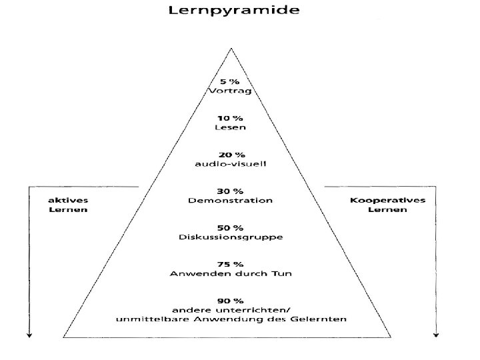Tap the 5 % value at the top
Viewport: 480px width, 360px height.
[231, 81]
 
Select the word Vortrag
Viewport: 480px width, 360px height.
[231, 91]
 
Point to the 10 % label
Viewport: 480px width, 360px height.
[231, 117]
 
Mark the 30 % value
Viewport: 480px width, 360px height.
[231, 189]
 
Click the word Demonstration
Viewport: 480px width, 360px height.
[231, 199]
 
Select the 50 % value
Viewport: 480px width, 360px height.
[231, 227]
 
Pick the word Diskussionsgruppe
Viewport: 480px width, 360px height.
[231, 237]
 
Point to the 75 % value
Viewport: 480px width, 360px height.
[231, 263]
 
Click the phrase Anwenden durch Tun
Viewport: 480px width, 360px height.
[231, 273]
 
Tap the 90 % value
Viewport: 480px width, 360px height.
[231, 301]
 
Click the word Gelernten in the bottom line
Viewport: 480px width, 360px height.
[321, 319]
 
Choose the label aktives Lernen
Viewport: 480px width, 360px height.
[68, 204]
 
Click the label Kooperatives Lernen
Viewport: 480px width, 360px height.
[388, 204]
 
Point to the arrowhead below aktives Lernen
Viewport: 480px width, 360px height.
[29, 335]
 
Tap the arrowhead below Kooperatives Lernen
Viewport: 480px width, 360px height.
[436, 335]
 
